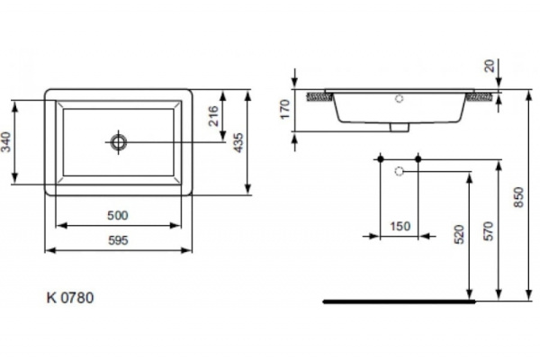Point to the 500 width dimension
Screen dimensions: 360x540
tap(119, 216)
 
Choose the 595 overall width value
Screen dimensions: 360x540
tap(119, 240)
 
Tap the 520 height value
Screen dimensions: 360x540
tap(458, 236)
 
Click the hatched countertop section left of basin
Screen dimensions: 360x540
tap(322, 94)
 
